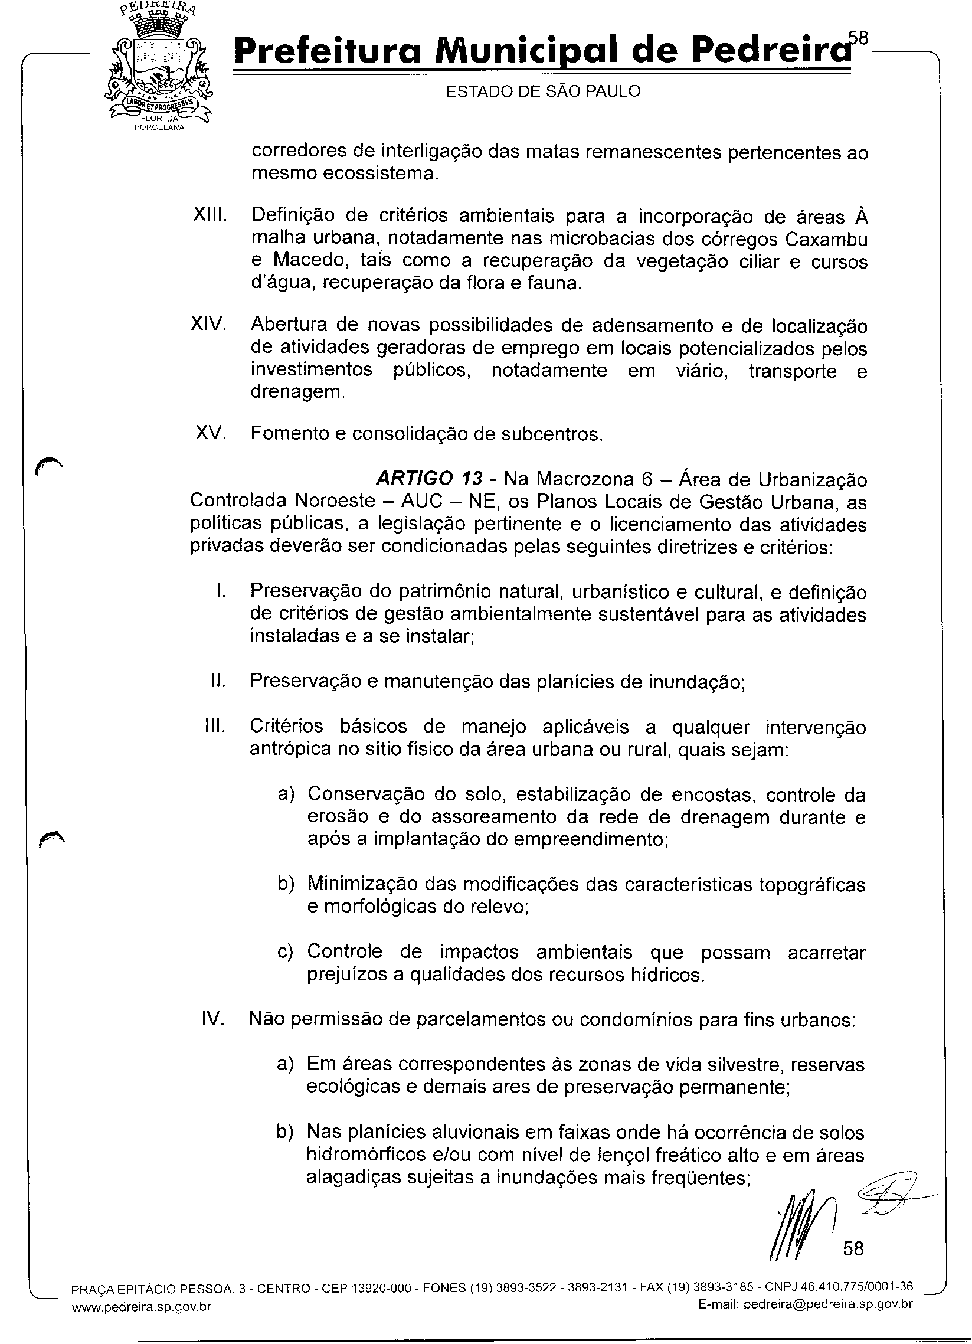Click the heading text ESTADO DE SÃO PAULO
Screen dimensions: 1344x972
click(543, 91)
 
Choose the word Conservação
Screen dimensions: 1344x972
click(365, 794)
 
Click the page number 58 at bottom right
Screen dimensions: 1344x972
click(853, 1248)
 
